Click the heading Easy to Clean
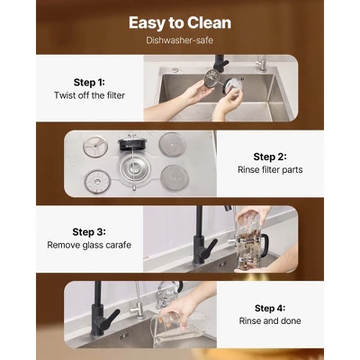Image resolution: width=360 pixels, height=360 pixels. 180,22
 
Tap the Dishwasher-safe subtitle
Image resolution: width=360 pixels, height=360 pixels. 180,40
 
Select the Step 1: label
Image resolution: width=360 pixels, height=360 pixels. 89,82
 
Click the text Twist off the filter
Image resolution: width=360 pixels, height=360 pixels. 89,95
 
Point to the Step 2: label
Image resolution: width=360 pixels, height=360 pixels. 270,157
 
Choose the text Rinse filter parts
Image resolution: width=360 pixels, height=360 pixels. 270,170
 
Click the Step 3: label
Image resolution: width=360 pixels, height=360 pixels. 89,232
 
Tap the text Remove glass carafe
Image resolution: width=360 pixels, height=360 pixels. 89,245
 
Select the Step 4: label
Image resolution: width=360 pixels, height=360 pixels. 270,308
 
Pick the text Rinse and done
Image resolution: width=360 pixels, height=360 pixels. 270,320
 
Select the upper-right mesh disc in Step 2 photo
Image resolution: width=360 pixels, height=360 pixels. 172,145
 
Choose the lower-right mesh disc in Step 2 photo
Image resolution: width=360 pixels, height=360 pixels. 175,178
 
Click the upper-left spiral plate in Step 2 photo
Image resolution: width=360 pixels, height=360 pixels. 95,147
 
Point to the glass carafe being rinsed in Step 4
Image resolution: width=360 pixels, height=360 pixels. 180,327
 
